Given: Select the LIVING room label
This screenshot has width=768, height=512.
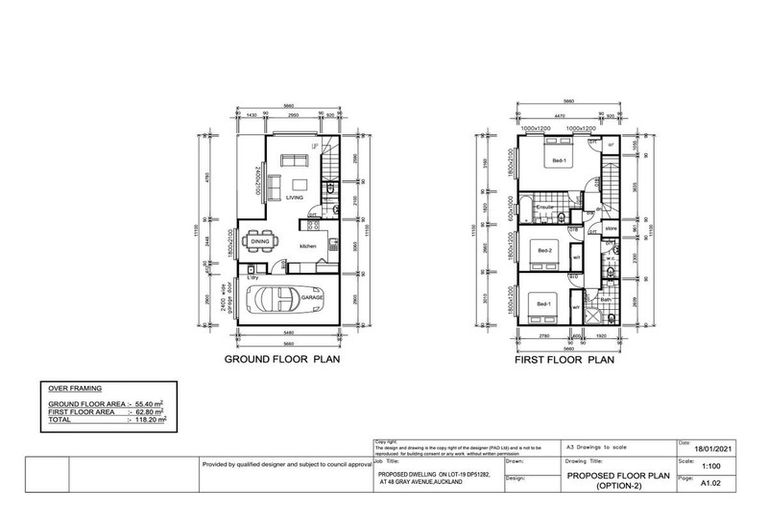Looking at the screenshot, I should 294,198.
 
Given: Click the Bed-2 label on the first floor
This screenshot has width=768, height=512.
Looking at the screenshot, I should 544,249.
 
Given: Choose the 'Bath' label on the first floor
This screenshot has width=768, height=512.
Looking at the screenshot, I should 606,297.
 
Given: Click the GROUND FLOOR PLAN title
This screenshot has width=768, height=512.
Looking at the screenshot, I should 282,358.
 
